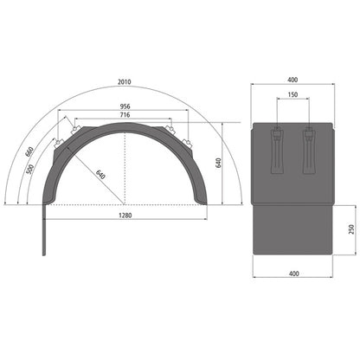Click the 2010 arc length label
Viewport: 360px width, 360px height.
pos(125,81)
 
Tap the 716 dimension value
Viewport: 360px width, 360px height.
pos(125,114)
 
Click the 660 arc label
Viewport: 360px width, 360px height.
pos(30,152)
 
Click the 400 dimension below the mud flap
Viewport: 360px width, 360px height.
pos(293,273)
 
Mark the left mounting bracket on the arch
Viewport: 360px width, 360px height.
pos(63,138)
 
